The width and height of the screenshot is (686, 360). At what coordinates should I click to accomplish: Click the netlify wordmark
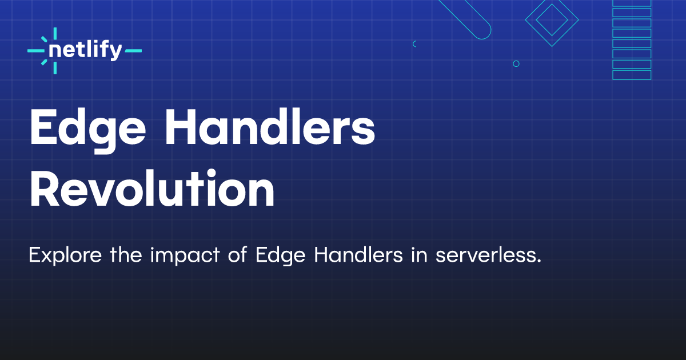pos(85,50)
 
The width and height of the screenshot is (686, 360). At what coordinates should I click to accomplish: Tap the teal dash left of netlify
pos(36,51)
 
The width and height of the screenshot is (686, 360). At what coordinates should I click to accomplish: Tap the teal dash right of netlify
pos(133,51)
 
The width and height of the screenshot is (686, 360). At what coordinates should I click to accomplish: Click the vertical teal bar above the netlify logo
pos(55,34)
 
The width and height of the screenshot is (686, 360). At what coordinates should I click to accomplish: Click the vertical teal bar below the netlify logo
pos(55,67)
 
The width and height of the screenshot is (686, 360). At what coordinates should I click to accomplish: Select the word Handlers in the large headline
pos(270,126)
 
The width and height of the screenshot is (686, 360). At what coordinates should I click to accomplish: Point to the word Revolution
pos(152,187)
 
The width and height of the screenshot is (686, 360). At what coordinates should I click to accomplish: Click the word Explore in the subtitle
pos(65,255)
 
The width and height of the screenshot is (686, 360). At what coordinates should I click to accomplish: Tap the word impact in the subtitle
pos(185,255)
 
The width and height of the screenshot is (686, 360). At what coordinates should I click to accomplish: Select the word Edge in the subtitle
pos(281,255)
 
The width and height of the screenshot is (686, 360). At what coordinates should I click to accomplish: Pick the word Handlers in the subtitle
pos(358,255)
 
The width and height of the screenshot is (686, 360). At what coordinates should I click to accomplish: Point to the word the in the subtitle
pos(126,255)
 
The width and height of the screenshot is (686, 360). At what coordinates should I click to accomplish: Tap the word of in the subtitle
pos(237,255)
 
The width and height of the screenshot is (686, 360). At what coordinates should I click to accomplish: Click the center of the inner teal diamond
pos(552,20)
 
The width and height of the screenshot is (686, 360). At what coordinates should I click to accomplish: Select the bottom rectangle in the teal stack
pos(632,75)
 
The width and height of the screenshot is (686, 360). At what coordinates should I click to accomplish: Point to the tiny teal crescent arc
pos(413,44)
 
